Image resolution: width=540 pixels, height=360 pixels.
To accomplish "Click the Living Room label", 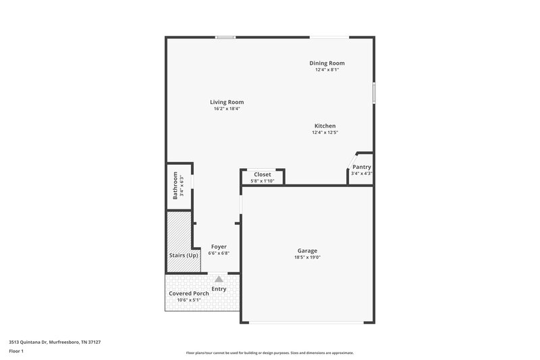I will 227,102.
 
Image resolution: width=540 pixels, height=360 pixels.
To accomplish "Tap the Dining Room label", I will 327,63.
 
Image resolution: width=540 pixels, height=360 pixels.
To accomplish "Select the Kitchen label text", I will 325,126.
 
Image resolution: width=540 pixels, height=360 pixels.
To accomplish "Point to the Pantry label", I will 362,167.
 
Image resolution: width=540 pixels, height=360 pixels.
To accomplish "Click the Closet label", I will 262,174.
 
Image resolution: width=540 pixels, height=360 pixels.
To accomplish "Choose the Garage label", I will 307,251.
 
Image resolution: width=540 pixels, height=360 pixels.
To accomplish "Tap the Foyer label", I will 219,247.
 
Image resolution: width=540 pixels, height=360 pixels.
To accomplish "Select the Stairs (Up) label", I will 184,255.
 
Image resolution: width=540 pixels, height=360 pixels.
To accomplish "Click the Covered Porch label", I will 188,294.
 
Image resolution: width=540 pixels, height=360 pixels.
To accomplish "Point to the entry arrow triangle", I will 219,278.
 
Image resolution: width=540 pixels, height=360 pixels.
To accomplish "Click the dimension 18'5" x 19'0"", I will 307,257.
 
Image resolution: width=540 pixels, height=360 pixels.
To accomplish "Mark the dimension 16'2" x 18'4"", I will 227,109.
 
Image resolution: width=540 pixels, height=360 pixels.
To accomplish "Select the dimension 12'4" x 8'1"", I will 327,70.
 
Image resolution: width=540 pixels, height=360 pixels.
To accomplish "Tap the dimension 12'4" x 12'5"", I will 325,132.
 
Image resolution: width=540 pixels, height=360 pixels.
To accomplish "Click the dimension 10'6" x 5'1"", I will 188,301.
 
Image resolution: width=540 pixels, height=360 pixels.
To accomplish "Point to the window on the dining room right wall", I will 374,93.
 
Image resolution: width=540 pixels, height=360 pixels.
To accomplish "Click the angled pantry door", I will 350,162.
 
